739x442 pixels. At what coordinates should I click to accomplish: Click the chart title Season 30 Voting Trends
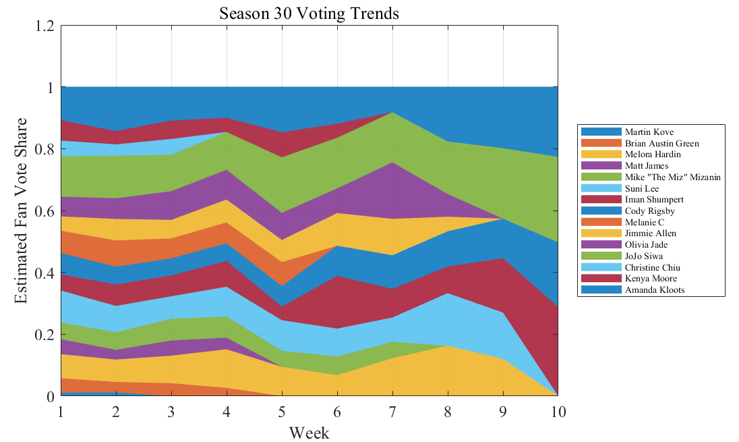[309, 13]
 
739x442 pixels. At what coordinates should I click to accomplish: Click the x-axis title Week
[309, 433]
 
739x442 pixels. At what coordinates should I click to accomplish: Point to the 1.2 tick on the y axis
[45, 26]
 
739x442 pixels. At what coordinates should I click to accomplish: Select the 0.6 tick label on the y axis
[45, 211]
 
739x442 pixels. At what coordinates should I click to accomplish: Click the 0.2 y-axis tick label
[45, 335]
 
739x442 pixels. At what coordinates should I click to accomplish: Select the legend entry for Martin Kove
[648, 132]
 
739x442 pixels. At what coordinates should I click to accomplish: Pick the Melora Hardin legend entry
[652, 155]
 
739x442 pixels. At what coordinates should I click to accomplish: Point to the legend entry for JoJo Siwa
[643, 256]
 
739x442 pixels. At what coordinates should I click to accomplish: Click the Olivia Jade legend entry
[646, 245]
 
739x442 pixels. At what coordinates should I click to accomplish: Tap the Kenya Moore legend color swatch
[600, 279]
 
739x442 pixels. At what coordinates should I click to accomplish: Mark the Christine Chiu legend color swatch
[600, 268]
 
